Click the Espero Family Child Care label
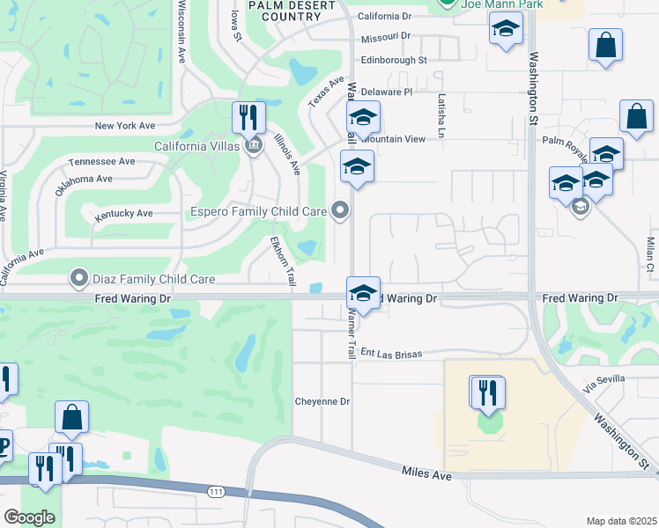(x=259, y=211)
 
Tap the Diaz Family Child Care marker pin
(x=79, y=279)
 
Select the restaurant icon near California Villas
(x=249, y=117)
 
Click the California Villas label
(x=196, y=146)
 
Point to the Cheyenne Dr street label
(x=322, y=401)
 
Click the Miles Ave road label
(x=427, y=474)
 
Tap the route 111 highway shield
(x=215, y=492)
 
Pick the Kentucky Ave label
(x=124, y=213)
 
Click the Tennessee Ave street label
(x=102, y=161)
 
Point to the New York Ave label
(x=131, y=126)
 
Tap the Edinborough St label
(x=393, y=60)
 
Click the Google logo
(x=29, y=517)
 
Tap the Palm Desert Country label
(x=292, y=11)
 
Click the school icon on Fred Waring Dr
(x=363, y=293)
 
